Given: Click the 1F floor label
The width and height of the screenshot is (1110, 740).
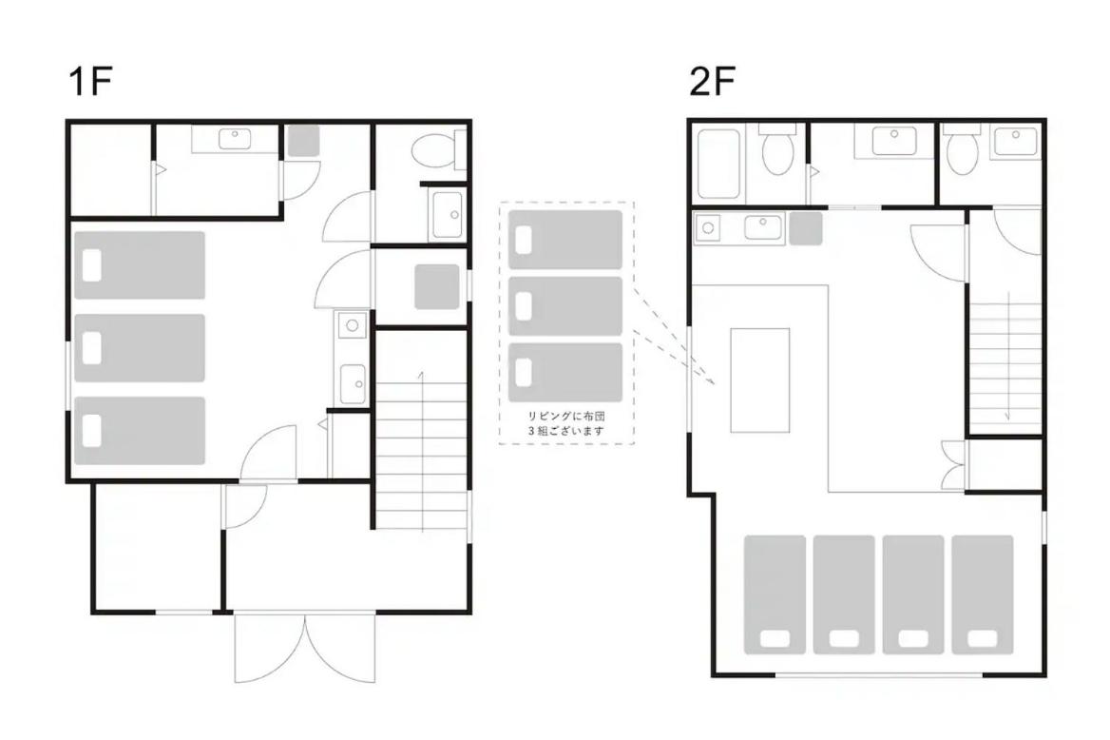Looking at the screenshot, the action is tap(90, 81).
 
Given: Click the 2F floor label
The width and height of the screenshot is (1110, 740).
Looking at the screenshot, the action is tap(712, 81).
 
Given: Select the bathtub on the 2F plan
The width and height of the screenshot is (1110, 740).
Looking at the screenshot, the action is tap(718, 164).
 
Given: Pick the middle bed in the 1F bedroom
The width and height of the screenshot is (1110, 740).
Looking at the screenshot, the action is tap(140, 348).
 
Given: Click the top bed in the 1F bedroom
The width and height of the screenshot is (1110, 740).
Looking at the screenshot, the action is tap(140, 265).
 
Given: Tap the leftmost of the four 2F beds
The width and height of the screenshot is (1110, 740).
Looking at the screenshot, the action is tap(775, 594).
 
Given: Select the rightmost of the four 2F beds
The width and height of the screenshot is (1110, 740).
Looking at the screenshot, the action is tap(983, 594).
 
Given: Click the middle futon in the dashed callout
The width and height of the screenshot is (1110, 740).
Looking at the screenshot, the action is tap(565, 306).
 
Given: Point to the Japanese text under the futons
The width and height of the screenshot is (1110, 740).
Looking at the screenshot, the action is tap(565, 423).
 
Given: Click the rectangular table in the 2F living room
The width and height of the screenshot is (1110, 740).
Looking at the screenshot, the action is tap(760, 380).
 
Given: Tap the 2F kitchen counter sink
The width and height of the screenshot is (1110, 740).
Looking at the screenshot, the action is tap(762, 227).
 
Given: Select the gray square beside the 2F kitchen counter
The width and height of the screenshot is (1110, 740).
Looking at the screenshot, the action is tap(806, 228).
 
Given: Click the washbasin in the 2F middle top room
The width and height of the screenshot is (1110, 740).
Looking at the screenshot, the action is tap(894, 141).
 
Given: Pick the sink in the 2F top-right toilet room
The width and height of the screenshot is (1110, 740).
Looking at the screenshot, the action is tap(1015, 141).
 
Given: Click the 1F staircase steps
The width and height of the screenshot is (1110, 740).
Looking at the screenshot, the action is tap(421, 456).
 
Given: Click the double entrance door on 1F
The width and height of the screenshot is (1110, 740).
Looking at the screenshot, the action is tap(304, 648).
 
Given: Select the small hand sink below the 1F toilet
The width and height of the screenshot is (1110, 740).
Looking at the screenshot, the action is tap(447, 215).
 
